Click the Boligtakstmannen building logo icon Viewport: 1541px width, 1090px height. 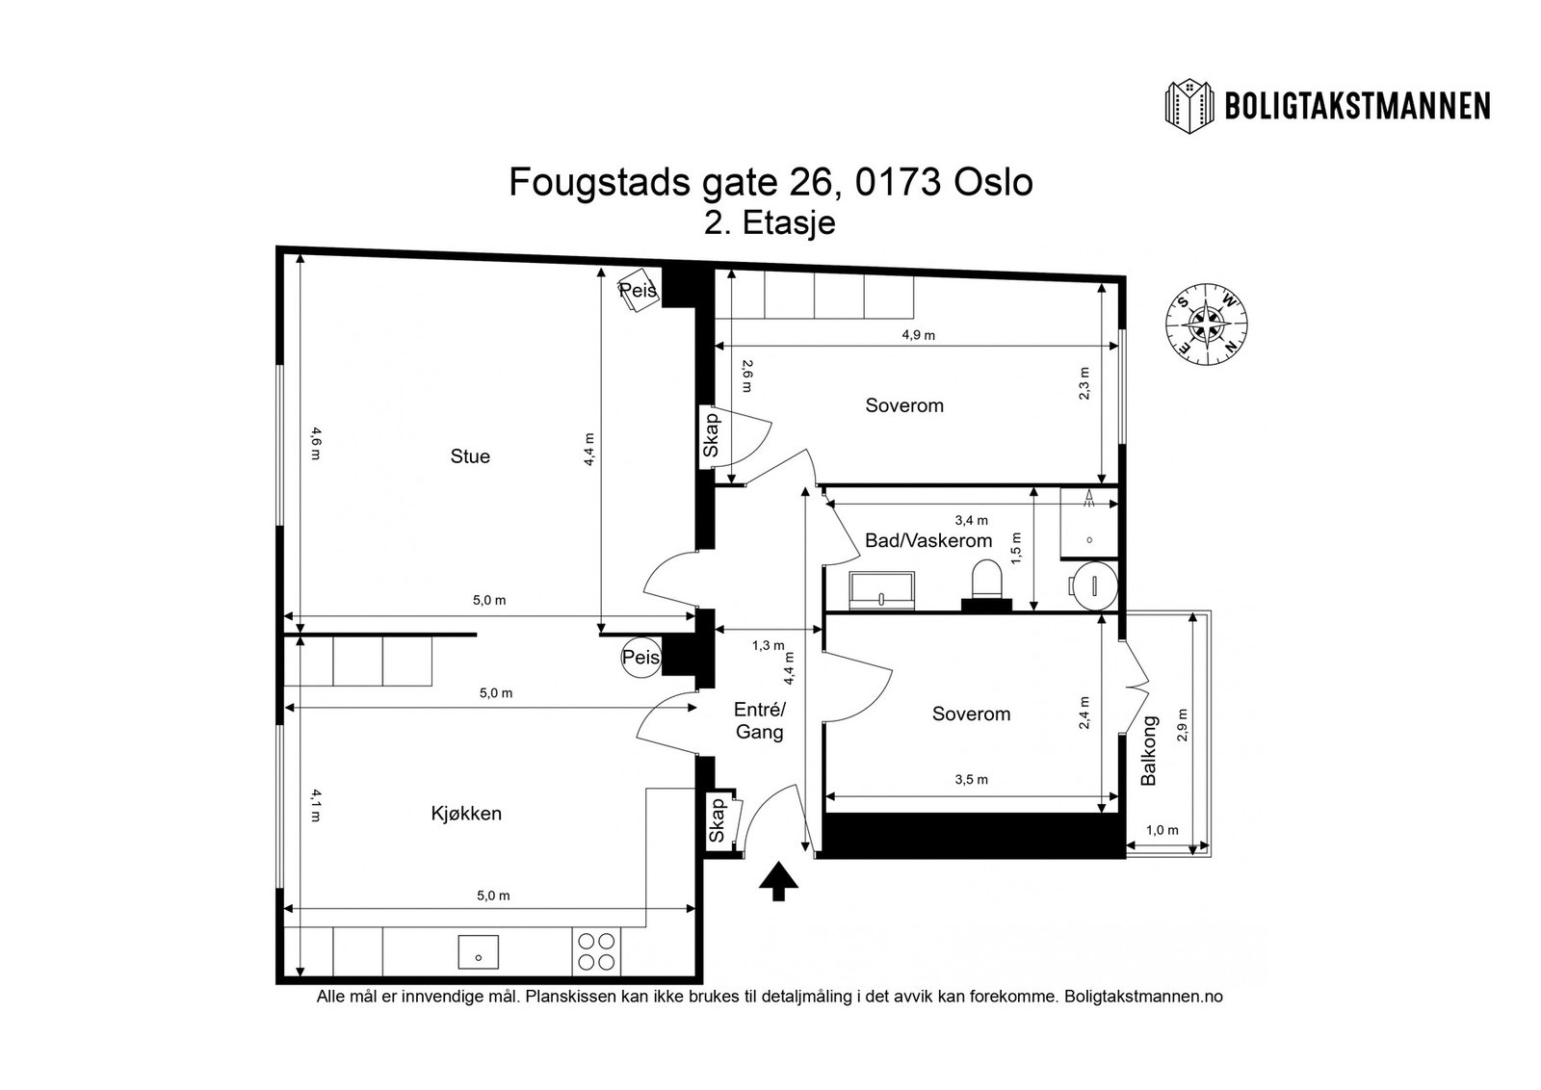(x=1189, y=105)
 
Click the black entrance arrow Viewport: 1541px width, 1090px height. (x=778, y=881)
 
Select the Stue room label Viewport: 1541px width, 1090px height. (x=470, y=456)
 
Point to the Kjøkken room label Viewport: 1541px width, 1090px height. (x=466, y=814)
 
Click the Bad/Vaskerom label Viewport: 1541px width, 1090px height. (x=928, y=540)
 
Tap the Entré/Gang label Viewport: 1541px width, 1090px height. (x=760, y=720)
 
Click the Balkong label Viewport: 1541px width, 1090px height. (x=1148, y=751)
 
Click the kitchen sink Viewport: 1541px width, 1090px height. (x=478, y=952)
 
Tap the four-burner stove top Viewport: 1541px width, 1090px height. (x=596, y=951)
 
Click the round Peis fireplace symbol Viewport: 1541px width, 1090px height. (x=640, y=658)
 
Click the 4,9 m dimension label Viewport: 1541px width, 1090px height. (x=918, y=335)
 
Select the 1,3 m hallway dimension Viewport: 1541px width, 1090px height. (x=768, y=645)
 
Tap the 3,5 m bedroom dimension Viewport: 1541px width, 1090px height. (x=971, y=779)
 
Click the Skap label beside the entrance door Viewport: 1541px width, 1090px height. (x=718, y=819)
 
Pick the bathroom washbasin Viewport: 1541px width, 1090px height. (x=881, y=587)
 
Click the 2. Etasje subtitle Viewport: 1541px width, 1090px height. (x=770, y=222)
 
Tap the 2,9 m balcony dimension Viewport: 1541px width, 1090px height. (x=1183, y=725)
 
